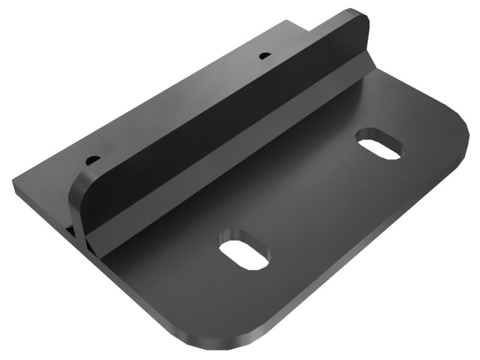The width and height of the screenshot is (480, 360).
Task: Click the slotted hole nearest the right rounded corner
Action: (380, 145)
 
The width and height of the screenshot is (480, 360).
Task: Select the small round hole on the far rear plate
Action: (263, 56)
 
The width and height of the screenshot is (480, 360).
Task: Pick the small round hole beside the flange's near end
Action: (92, 160)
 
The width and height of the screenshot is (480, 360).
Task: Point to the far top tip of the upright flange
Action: (359, 13)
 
